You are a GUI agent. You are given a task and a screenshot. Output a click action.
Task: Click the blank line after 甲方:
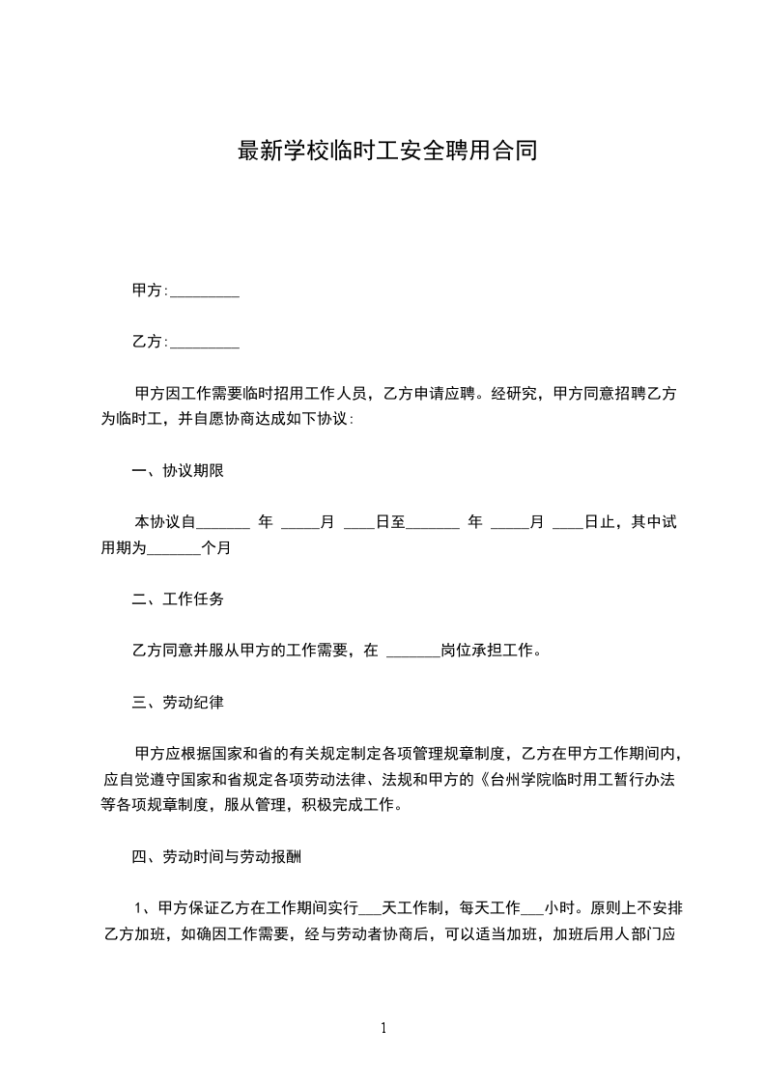click(x=205, y=292)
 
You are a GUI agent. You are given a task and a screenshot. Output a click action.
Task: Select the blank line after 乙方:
click(x=205, y=343)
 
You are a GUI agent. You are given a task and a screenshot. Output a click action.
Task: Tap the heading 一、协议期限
click(x=179, y=471)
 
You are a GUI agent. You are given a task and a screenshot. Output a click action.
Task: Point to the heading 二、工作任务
click(x=179, y=599)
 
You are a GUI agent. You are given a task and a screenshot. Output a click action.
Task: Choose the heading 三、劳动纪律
click(x=179, y=703)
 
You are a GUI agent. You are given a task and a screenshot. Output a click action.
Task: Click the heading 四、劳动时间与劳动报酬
click(x=219, y=856)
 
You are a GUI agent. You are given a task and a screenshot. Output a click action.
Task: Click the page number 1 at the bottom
click(x=383, y=1028)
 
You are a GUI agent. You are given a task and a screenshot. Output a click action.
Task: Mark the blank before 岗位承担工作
click(x=412, y=652)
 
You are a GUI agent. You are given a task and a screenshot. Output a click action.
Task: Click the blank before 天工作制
click(x=371, y=908)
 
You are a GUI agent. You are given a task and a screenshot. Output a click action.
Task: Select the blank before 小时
click(x=532, y=908)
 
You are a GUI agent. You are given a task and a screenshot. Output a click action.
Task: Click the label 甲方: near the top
click(x=150, y=291)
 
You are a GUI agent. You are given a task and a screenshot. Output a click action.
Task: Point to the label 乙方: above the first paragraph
click(x=150, y=342)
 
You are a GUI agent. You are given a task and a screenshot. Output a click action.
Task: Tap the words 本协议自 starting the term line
click(x=165, y=523)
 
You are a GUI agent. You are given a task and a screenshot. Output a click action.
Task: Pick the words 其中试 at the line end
click(x=654, y=523)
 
